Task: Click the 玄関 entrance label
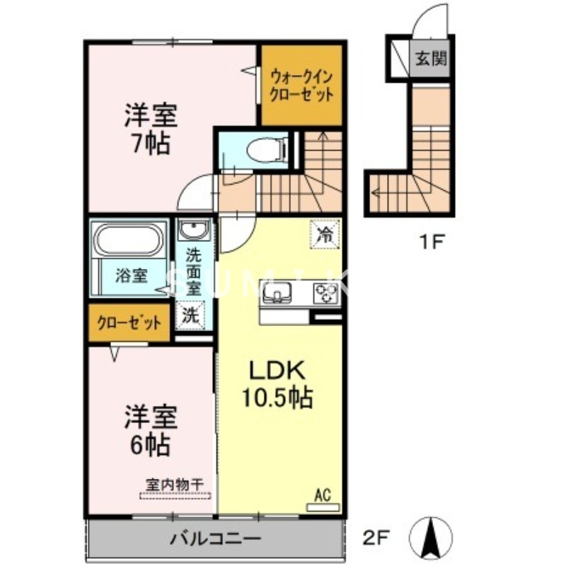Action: click(431, 59)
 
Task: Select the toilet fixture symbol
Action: click(262, 149)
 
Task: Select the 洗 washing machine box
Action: click(192, 316)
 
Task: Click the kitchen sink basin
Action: click(277, 292)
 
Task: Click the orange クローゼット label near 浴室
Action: click(129, 323)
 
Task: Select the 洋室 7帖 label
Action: click(150, 129)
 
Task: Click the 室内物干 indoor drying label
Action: click(175, 484)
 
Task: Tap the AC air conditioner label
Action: click(322, 495)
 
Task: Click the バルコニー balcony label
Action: click(215, 539)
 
